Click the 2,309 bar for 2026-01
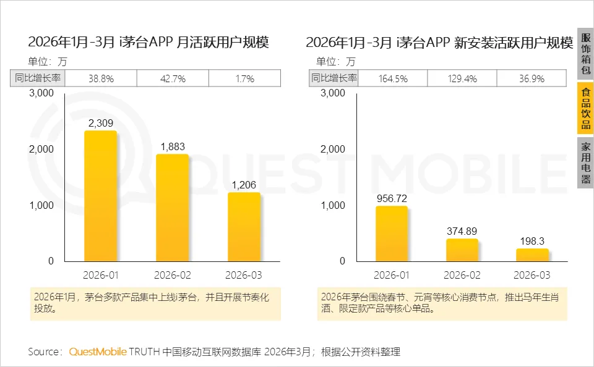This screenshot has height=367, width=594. click(100, 196)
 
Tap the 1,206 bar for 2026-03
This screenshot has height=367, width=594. click(244, 227)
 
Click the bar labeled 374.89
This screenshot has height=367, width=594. click(462, 250)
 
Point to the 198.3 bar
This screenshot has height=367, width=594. click(533, 255)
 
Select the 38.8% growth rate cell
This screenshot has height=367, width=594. click(100, 78)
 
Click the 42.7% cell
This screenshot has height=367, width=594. click(172, 78)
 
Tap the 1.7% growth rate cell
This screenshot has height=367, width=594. click(244, 78)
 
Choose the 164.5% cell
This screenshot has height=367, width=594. click(392, 78)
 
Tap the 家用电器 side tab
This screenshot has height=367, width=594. click(585, 163)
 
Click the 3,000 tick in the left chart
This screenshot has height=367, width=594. click(41, 93)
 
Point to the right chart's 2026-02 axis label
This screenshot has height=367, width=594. click(462, 275)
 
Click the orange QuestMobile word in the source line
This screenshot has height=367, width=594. click(97, 352)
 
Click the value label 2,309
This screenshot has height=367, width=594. click(100, 123)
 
